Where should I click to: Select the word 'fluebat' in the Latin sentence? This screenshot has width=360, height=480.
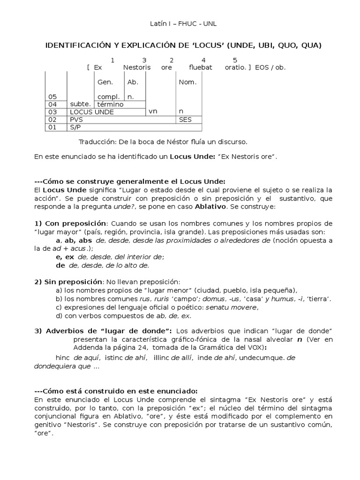tap(201, 67)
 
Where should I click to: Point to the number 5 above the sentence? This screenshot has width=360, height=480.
tap(235, 60)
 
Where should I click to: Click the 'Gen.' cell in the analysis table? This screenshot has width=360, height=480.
tap(105, 82)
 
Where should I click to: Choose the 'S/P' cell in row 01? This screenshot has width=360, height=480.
tap(75, 127)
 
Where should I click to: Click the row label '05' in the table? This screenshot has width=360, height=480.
tap(52, 97)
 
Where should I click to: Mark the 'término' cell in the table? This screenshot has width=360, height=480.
tap(111, 105)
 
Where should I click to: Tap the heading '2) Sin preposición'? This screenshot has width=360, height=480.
tap(68, 281)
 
